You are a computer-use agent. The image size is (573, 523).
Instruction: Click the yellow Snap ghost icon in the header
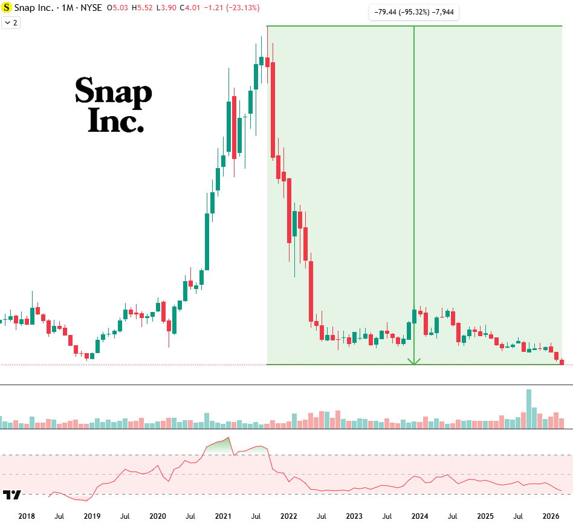coord(7,8)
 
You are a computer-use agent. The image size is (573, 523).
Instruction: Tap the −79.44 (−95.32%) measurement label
coord(414,12)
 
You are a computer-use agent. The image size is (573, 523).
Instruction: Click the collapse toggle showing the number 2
coord(11,22)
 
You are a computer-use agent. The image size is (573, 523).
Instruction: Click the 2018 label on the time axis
coord(27,516)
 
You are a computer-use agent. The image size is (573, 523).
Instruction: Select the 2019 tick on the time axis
coord(92,516)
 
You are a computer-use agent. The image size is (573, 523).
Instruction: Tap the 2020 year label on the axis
coord(157,516)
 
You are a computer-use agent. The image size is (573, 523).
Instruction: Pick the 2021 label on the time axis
coord(223,516)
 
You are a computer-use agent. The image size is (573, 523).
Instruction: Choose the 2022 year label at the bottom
coord(288,516)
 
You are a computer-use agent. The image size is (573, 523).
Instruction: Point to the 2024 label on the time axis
coord(419,516)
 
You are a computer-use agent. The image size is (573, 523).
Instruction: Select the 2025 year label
coord(485,516)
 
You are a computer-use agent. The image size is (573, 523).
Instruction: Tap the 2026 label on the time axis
coord(550,516)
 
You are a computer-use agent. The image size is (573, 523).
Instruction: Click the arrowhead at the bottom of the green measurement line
coord(414,362)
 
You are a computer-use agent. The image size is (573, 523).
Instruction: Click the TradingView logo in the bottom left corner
coord(11,495)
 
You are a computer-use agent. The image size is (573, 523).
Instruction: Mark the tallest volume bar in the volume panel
coord(529,409)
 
